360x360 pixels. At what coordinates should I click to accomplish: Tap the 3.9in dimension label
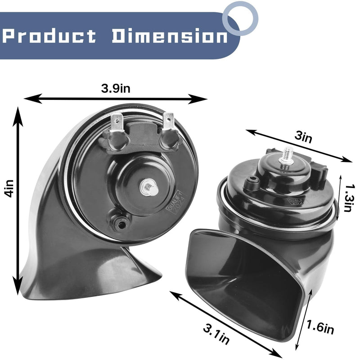[116, 88]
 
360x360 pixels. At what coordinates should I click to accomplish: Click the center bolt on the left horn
[148, 187]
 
